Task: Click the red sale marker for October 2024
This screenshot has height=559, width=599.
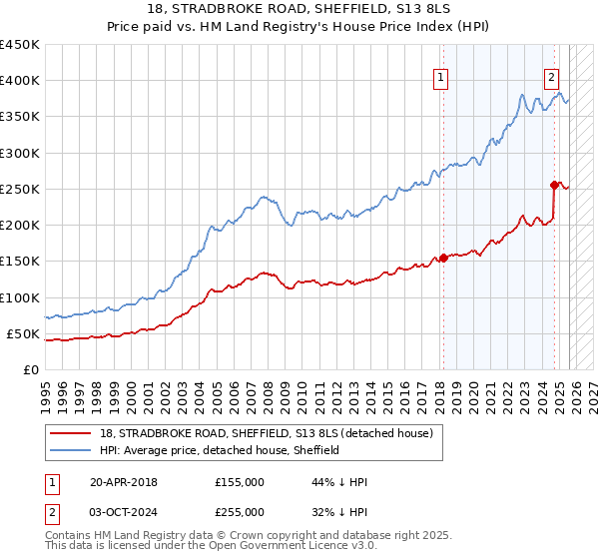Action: (x=555, y=185)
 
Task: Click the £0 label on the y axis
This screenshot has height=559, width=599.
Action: (x=31, y=369)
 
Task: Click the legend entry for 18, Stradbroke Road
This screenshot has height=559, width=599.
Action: (x=266, y=433)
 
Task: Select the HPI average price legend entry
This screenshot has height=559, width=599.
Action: (x=220, y=450)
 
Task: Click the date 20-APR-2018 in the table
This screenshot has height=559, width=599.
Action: (x=123, y=482)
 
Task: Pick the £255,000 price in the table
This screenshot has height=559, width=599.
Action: (x=240, y=511)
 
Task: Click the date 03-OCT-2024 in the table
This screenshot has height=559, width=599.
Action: (x=123, y=511)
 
